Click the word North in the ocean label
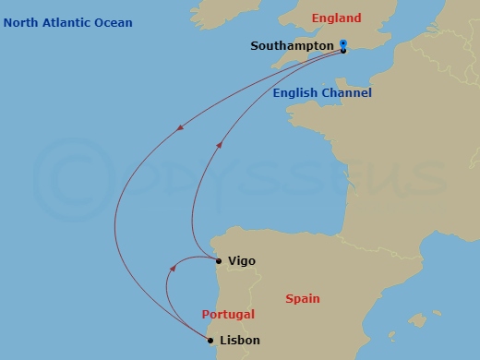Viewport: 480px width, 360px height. (20, 23)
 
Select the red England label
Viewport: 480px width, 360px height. (336, 18)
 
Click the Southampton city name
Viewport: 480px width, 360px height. (293, 46)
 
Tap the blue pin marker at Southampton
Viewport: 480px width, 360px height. (342, 44)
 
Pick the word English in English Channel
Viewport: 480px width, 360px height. (295, 93)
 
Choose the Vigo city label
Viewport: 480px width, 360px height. (241, 261)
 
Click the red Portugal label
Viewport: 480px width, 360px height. (228, 315)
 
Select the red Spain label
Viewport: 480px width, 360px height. (303, 299)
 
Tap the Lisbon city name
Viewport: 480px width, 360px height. (240, 341)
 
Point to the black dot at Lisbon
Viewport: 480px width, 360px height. (211, 341)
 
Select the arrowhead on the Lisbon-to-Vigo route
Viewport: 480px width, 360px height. (173, 269)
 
